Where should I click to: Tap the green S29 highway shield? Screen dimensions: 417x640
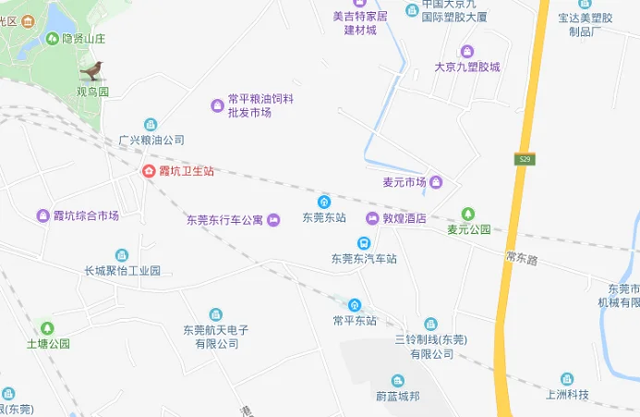coord(525,160)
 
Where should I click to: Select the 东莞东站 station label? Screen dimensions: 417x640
coord(324,218)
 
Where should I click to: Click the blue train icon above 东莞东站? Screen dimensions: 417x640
coord(324,202)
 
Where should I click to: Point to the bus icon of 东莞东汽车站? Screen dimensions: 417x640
coord(364,243)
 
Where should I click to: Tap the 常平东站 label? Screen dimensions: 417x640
coord(355,321)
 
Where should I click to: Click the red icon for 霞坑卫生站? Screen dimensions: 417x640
coord(148,171)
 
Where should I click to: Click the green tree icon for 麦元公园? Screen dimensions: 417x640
coord(468,214)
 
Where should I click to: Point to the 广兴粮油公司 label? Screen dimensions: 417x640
coord(151,141)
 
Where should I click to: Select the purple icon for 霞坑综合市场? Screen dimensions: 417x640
coord(42,215)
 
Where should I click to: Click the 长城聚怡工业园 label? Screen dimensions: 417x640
coord(122,271)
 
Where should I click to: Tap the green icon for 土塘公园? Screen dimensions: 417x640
coord(47,327)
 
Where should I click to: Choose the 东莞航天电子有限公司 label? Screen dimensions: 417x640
coord(216,337)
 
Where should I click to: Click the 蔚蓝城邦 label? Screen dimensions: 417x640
coord(397,397)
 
